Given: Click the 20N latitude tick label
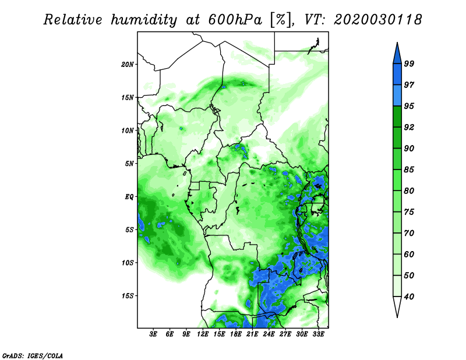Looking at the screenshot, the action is tap(128, 65).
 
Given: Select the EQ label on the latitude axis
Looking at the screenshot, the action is tap(129, 197).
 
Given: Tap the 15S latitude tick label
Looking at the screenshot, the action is tap(128, 296).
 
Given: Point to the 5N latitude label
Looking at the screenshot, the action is tap(129, 164).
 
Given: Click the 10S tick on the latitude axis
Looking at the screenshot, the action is tap(128, 263).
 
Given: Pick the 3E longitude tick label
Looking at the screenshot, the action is tap(153, 334).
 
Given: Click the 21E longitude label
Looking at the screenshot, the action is tap(252, 334).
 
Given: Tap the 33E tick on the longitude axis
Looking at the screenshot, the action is tap(318, 334).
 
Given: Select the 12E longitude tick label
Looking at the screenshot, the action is tap(203, 334).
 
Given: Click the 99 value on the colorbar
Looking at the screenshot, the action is tap(409, 63).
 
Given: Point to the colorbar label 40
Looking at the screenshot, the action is tap(409, 297).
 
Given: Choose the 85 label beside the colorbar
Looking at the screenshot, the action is tap(409, 170).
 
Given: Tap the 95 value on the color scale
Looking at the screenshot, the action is tap(409, 106).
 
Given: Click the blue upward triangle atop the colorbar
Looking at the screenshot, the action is tap(397, 55).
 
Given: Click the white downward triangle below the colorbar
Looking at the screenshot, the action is tap(397, 305).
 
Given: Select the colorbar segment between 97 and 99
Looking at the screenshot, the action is tap(397, 75).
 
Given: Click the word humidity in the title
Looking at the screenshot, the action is tap(144, 20).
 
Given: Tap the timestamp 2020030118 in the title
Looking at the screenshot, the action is tap(377, 20).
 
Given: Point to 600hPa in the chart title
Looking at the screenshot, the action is tap(235, 20).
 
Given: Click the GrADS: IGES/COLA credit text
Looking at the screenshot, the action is tap(33, 355).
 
